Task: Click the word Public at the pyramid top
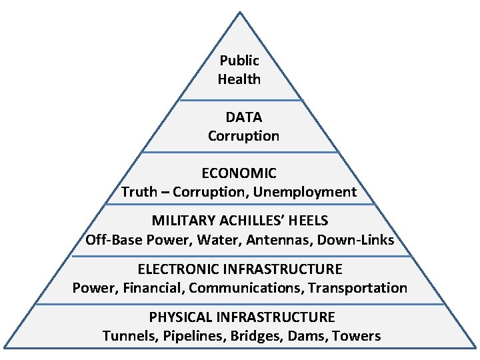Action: click(239, 61)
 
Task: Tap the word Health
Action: click(239, 79)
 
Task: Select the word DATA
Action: click(243, 117)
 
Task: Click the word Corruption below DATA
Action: click(243, 136)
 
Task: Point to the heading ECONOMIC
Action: click(239, 173)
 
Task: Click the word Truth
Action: click(138, 192)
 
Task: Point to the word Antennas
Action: click(283, 239)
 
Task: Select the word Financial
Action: click(155, 288)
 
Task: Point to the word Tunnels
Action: click(127, 335)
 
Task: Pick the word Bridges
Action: click(256, 336)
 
